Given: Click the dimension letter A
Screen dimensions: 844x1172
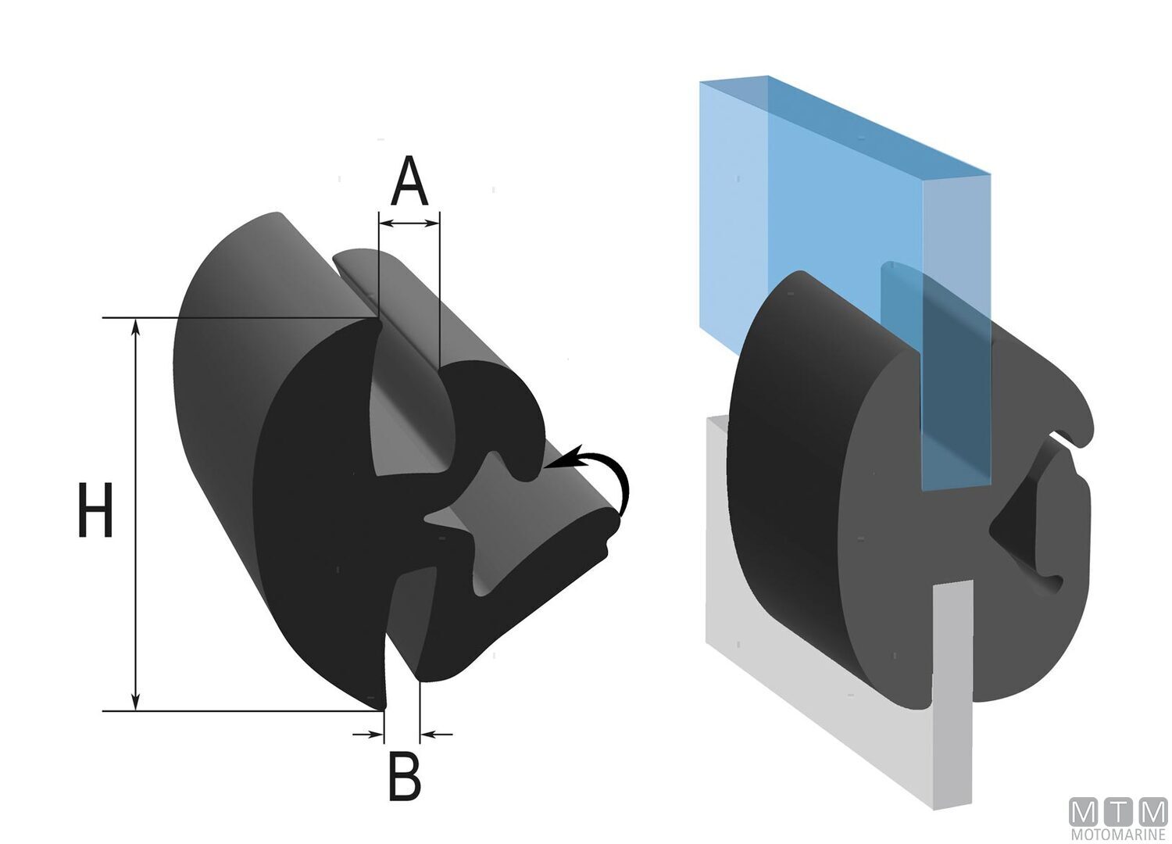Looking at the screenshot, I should pyautogui.click(x=409, y=181).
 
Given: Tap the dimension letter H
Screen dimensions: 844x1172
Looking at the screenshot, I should pyautogui.click(x=96, y=510).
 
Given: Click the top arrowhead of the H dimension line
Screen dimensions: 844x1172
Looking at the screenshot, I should pyautogui.click(x=136, y=327).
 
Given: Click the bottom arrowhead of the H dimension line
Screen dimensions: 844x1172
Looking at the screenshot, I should pyautogui.click(x=136, y=701).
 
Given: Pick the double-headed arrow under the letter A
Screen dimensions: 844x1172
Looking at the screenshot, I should pyautogui.click(x=409, y=224).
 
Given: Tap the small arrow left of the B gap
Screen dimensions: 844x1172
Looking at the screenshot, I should pyautogui.click(x=367, y=734).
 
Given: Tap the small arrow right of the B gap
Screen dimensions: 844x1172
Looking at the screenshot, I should pyautogui.click(x=438, y=734).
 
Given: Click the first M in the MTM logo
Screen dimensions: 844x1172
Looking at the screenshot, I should pyautogui.click(x=1085, y=812).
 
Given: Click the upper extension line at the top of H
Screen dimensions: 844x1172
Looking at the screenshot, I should pyautogui.click(x=234, y=318).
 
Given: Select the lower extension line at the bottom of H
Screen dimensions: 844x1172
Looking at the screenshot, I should pyautogui.click(x=234, y=711).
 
